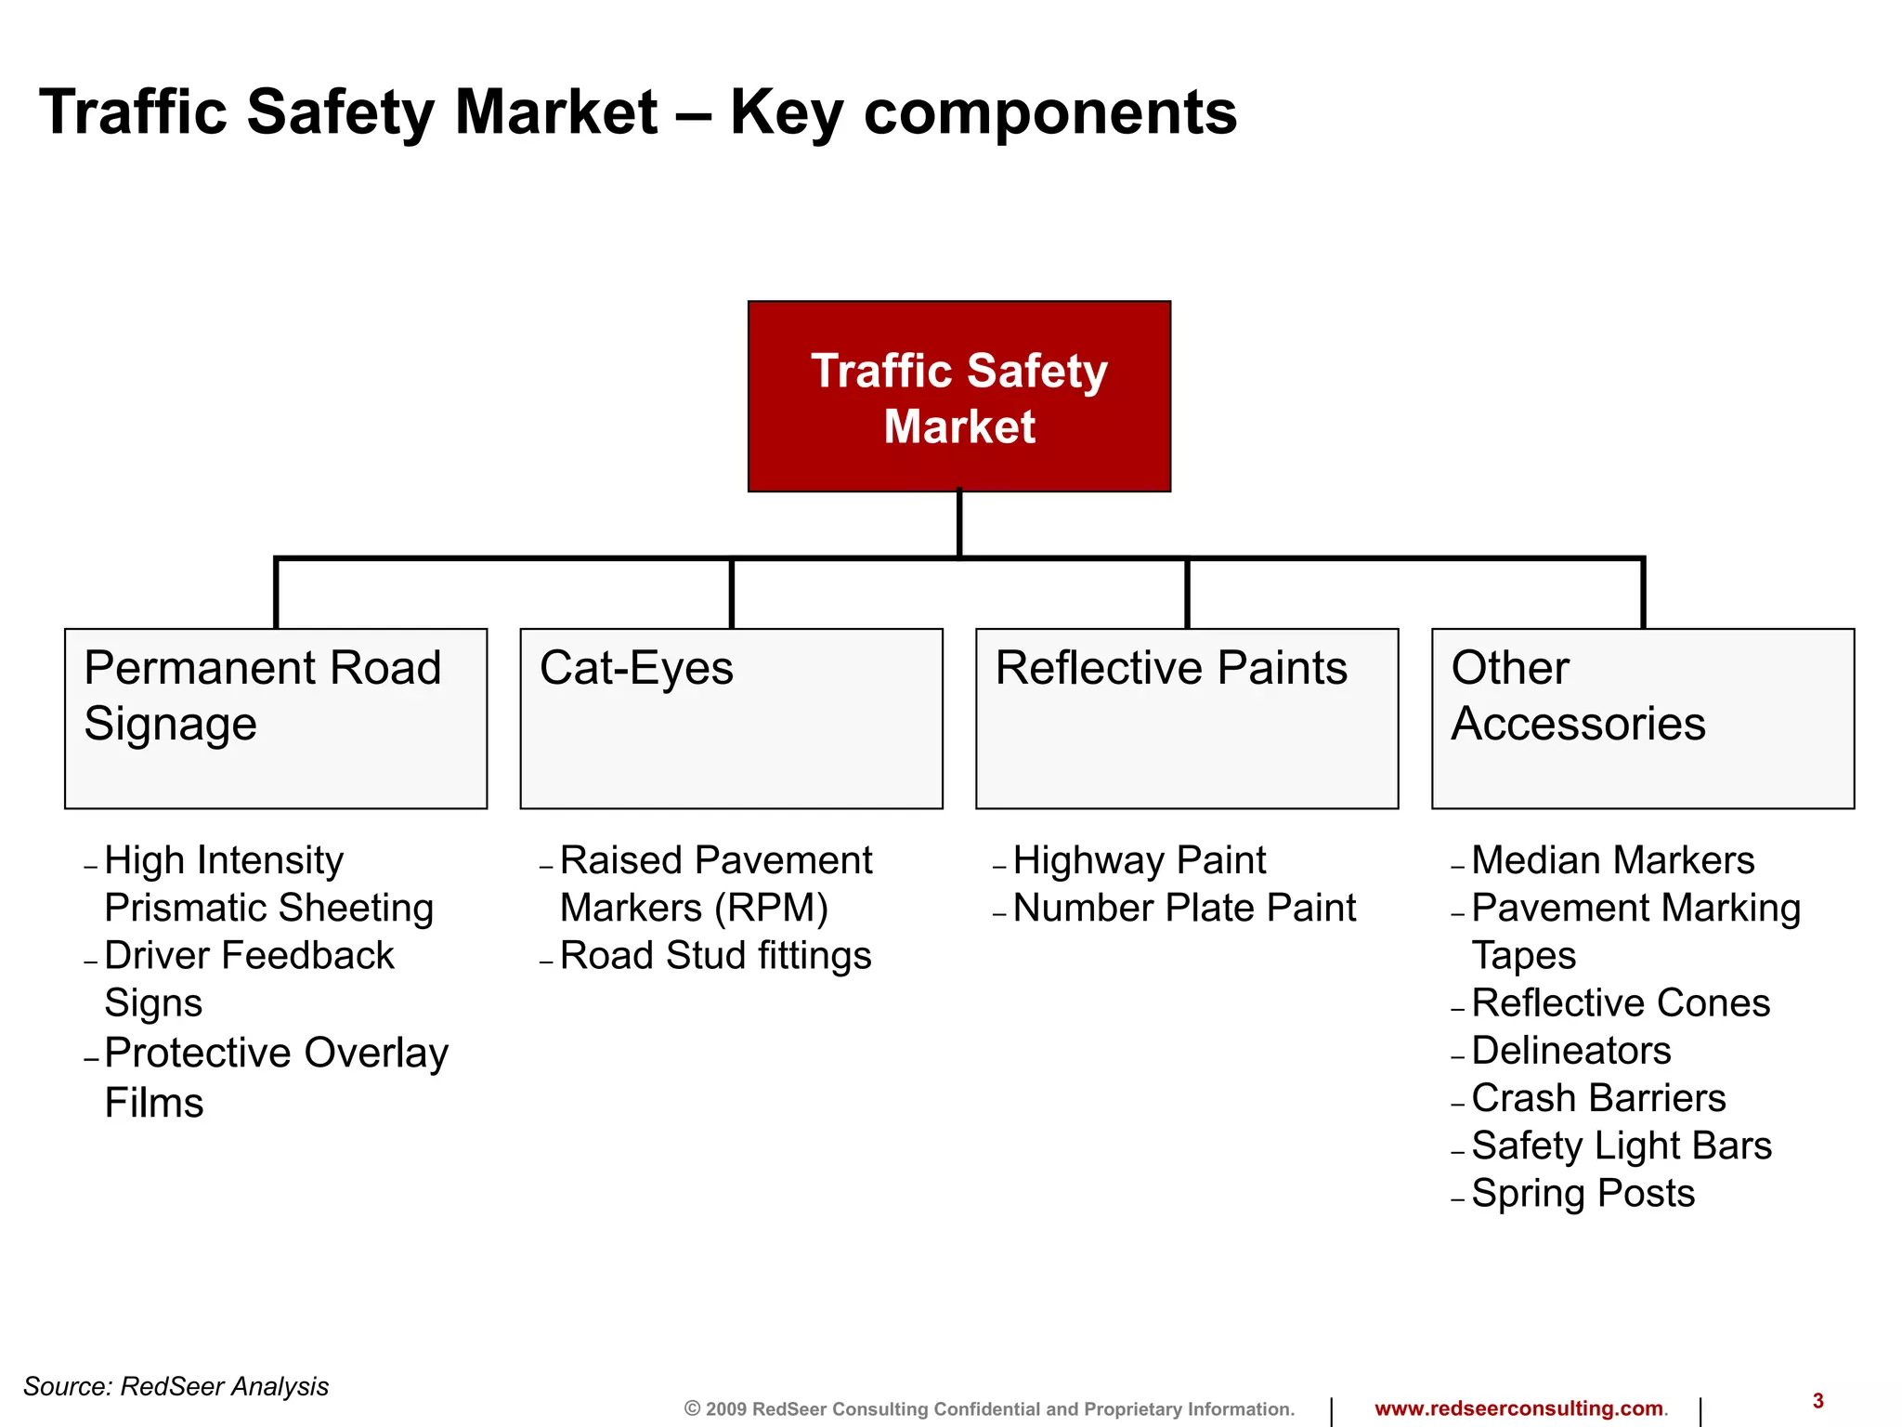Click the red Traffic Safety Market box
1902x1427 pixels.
pyautogui.click(x=958, y=397)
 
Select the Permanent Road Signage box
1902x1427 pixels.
pyautogui.click(x=276, y=718)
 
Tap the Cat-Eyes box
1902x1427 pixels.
pyautogui.click(x=731, y=718)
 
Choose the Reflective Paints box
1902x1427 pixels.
pyautogui.click(x=1187, y=718)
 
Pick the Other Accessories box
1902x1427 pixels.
pyautogui.click(x=1642, y=718)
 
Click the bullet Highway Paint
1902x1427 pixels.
pyautogui.click(x=1139, y=860)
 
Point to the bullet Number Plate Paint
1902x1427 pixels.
pyautogui.click(x=1184, y=908)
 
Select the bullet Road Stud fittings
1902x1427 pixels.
pyautogui.click(x=715, y=956)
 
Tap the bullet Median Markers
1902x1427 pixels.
pyautogui.click(x=1612, y=860)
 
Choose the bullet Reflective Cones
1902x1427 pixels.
pyautogui.click(x=1621, y=1003)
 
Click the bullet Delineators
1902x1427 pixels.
pyautogui.click(x=1571, y=1051)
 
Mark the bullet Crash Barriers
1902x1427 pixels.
pyautogui.click(x=1598, y=1098)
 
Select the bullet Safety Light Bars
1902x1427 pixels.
pyautogui.click(x=1622, y=1146)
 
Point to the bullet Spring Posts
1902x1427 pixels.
pyautogui.click(x=1583, y=1194)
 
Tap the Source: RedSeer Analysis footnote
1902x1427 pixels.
pyautogui.click(x=176, y=1386)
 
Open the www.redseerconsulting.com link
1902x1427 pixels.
pyautogui.click(x=1518, y=1408)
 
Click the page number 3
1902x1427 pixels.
pyautogui.click(x=1817, y=1401)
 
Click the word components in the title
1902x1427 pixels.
pyautogui.click(x=1049, y=112)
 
